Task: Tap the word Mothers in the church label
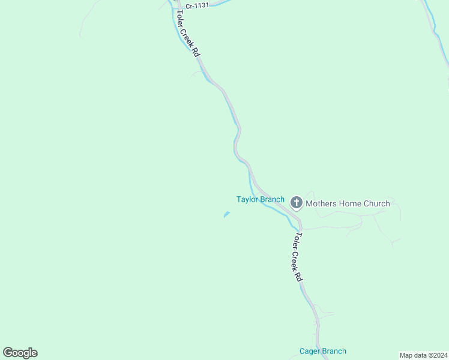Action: (321, 203)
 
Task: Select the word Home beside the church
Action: (350, 203)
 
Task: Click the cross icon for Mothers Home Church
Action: (296, 203)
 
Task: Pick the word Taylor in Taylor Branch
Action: (247, 199)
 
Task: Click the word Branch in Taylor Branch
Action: (272, 199)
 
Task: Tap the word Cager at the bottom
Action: (310, 351)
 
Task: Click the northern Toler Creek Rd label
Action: (187, 34)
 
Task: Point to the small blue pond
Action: (227, 214)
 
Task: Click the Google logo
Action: (20, 353)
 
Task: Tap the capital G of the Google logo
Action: (8, 352)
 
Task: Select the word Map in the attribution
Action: (406, 355)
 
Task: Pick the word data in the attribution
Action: (420, 355)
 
